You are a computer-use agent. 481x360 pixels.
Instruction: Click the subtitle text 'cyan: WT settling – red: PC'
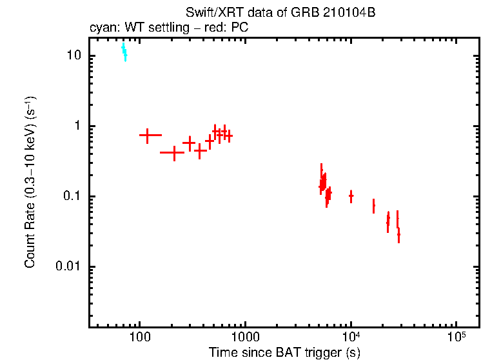[x=169, y=28]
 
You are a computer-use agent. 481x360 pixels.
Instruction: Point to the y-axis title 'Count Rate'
[x=30, y=184]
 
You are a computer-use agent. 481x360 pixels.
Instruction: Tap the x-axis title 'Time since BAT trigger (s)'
[x=284, y=352]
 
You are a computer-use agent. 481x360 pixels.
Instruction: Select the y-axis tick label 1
[x=79, y=126]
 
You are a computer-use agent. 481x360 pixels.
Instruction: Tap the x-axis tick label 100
[x=139, y=336]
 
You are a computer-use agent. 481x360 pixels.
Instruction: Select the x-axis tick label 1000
[x=245, y=336]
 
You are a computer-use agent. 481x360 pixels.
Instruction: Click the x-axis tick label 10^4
[x=351, y=335]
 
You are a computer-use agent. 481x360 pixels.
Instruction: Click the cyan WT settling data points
[x=124, y=52]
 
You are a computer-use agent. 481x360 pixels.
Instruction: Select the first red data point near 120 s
[x=148, y=135]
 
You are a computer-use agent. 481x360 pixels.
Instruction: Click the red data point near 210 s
[x=173, y=153]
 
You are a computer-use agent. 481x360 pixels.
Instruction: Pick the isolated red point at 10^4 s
[x=351, y=195]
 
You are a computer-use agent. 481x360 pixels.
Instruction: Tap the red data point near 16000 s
[x=373, y=206]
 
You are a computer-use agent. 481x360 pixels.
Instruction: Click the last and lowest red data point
[x=398, y=235]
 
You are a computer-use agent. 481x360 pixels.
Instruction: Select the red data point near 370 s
[x=200, y=151]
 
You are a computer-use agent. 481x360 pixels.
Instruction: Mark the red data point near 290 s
[x=189, y=142]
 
